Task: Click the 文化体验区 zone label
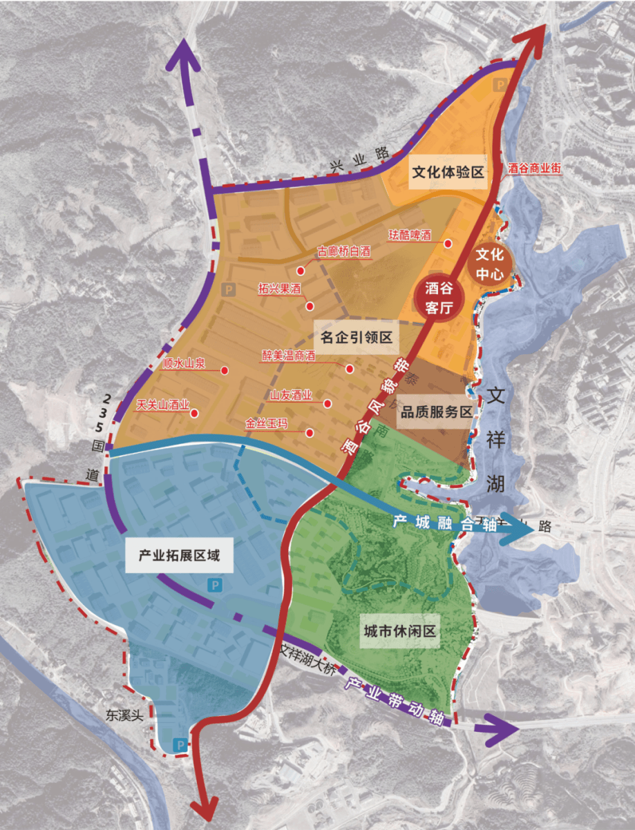click(447, 172)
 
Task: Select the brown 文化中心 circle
click(493, 262)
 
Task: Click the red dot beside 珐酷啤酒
click(448, 243)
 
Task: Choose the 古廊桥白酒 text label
click(343, 253)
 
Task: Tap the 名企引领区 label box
click(357, 338)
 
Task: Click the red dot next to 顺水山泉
click(225, 371)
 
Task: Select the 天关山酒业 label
click(162, 405)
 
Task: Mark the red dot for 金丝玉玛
click(310, 434)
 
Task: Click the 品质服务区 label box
click(437, 412)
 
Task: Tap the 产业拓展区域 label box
click(179, 556)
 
